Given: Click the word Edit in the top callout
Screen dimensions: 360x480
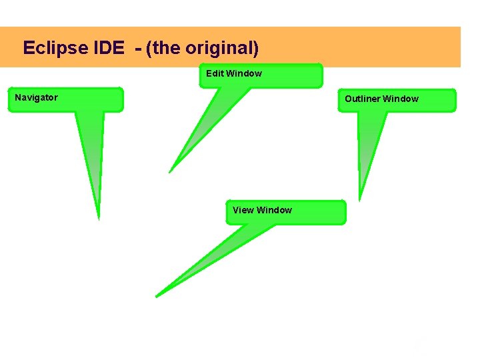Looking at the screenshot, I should [x=215, y=73].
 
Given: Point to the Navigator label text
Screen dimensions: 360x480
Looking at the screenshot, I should [x=36, y=97].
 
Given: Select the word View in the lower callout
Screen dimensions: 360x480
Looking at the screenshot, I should [x=243, y=210].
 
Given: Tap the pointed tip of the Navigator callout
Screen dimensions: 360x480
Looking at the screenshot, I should [x=99, y=218].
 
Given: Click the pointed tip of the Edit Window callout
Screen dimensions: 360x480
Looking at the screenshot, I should [x=169, y=172].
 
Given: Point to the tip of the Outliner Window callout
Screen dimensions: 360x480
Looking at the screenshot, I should [x=360, y=200].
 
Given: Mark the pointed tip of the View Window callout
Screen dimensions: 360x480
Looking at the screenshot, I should [x=157, y=296].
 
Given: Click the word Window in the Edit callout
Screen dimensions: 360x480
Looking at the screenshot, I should [x=243, y=73].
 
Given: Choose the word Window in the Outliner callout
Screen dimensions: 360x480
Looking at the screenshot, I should [x=400, y=99].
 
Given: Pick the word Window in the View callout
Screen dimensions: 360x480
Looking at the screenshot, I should [x=274, y=210].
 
